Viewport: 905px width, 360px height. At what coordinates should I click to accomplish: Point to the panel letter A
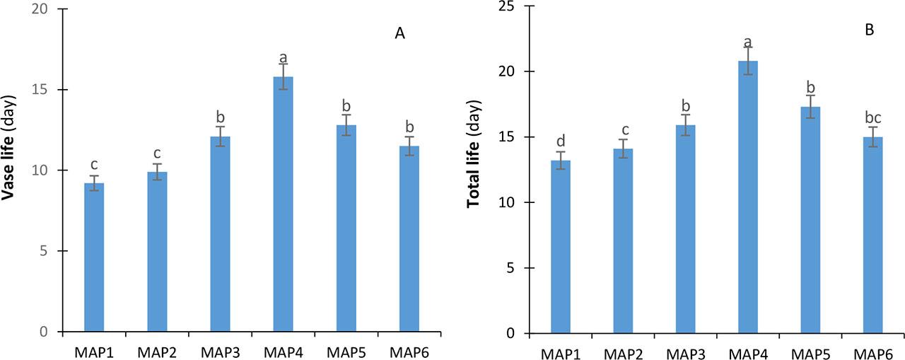(399, 35)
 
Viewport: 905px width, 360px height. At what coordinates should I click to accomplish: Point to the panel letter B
(869, 30)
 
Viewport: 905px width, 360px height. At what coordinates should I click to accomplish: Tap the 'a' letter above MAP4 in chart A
(283, 57)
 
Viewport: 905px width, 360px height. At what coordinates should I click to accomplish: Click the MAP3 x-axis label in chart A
(220, 351)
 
